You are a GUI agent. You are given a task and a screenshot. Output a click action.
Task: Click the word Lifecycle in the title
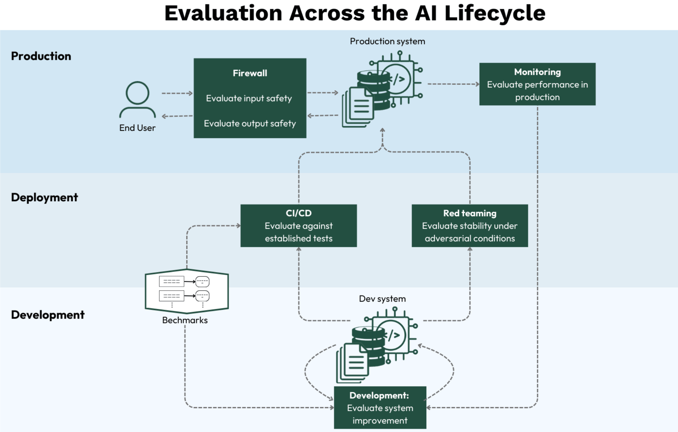tap(495, 13)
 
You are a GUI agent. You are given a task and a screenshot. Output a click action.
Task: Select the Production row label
tap(41, 56)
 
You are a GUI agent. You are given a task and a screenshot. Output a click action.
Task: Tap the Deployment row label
tap(44, 197)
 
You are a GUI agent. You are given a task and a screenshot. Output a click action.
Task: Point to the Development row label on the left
tap(48, 314)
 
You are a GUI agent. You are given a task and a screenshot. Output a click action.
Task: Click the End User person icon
tap(137, 99)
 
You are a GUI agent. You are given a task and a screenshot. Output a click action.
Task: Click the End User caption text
tap(137, 128)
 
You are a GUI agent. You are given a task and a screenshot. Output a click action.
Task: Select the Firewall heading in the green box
tap(250, 73)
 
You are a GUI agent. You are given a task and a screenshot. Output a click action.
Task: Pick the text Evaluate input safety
tap(249, 98)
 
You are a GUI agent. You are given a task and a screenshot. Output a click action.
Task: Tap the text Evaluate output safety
tap(250, 123)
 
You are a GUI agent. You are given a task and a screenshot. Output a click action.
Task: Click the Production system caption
tap(387, 41)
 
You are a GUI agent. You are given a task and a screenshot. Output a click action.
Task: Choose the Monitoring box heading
tap(537, 72)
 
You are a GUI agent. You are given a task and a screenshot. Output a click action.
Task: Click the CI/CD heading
tap(299, 213)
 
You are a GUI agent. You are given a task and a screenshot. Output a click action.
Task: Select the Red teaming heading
tap(470, 213)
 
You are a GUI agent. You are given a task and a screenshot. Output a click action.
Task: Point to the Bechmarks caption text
tap(185, 320)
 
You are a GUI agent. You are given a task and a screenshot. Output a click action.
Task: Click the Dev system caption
tap(382, 299)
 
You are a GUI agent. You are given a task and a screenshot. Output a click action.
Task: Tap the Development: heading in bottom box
tap(379, 396)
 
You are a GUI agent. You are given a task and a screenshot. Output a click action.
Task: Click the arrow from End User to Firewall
tap(177, 93)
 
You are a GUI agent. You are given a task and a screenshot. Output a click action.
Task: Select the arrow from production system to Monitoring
tap(453, 84)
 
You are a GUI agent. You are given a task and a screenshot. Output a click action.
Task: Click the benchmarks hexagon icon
tap(187, 291)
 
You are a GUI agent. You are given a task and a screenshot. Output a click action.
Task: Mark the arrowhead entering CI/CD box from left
tap(238, 226)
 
